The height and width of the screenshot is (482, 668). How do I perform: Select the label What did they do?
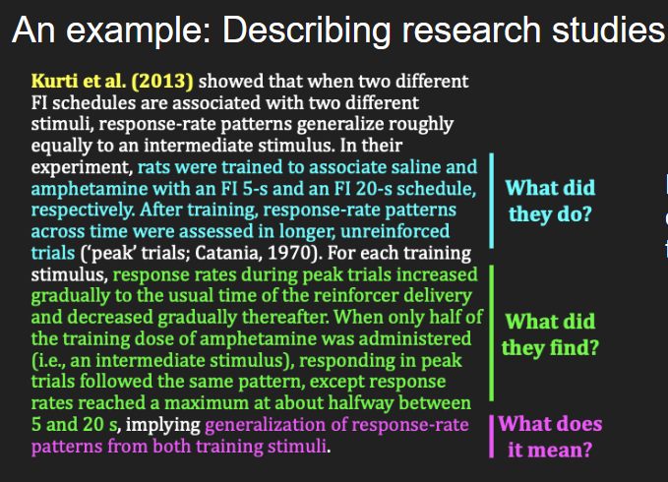550,200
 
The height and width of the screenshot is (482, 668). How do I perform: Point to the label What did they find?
550,334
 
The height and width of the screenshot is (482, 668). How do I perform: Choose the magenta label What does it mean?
550,437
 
